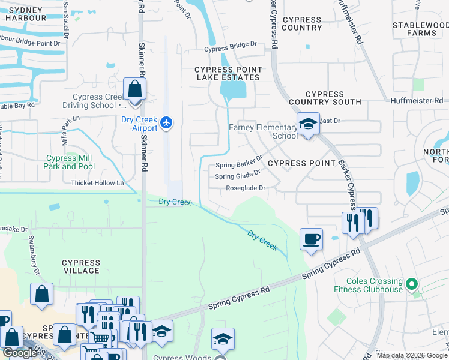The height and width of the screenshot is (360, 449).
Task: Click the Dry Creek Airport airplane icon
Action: (166, 123)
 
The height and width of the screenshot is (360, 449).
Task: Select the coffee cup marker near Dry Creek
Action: (311, 240)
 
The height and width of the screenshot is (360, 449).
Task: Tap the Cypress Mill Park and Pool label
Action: (70, 162)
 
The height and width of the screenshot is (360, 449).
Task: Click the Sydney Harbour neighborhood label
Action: (26, 13)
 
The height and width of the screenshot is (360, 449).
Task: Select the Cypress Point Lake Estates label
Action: (227, 73)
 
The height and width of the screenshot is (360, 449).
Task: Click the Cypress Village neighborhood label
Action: (81, 266)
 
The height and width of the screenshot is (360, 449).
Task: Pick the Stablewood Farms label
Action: (420, 29)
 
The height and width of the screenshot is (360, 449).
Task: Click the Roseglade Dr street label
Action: (246, 188)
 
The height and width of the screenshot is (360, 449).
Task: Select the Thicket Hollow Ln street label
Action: (97, 183)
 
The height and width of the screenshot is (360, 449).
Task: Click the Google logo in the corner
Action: (20, 353)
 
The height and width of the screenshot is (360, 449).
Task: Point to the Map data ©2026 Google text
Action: (412, 355)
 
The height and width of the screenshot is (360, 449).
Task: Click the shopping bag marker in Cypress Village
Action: (41, 295)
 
